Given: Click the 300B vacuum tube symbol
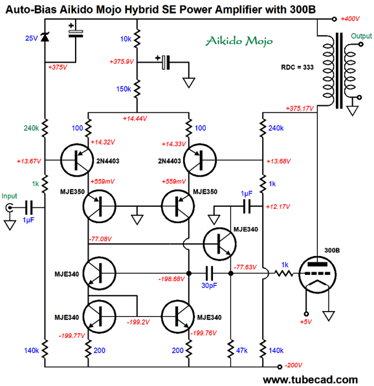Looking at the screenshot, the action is [317, 275].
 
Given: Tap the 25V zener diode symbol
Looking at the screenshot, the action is [45, 37].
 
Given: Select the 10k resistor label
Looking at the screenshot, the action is [126, 39].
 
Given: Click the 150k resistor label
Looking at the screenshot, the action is [124, 89].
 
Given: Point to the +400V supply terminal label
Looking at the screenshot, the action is [350, 19].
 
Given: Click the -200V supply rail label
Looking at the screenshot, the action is [293, 365].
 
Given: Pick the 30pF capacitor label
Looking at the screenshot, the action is [209, 286].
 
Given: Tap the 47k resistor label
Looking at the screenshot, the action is [242, 350].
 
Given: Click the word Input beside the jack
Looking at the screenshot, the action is [9, 196].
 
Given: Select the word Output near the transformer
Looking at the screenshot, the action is [361, 36].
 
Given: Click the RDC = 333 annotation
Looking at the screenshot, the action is [297, 67].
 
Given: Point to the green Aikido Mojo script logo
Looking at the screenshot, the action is [239, 41].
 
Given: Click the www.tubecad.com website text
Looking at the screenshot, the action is [310, 380].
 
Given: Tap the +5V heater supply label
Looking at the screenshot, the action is [306, 322].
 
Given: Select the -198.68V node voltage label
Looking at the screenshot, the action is [171, 279].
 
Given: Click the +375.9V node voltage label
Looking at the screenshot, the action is [122, 61].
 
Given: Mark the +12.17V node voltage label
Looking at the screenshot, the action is [278, 206].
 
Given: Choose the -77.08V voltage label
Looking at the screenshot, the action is [100, 239].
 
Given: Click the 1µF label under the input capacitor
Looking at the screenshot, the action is [28, 220].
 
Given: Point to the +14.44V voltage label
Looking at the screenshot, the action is [135, 119].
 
